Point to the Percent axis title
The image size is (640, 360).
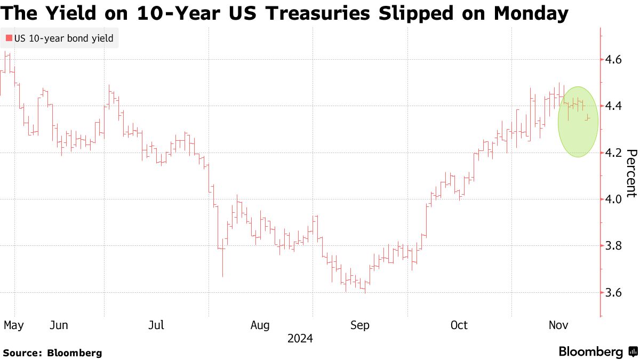631,173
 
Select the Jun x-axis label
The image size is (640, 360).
59,325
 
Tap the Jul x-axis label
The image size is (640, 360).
156,325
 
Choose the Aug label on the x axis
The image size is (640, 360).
261,325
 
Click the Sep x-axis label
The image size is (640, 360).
359,325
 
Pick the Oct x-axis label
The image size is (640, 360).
459,325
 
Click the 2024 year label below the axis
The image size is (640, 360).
300,339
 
